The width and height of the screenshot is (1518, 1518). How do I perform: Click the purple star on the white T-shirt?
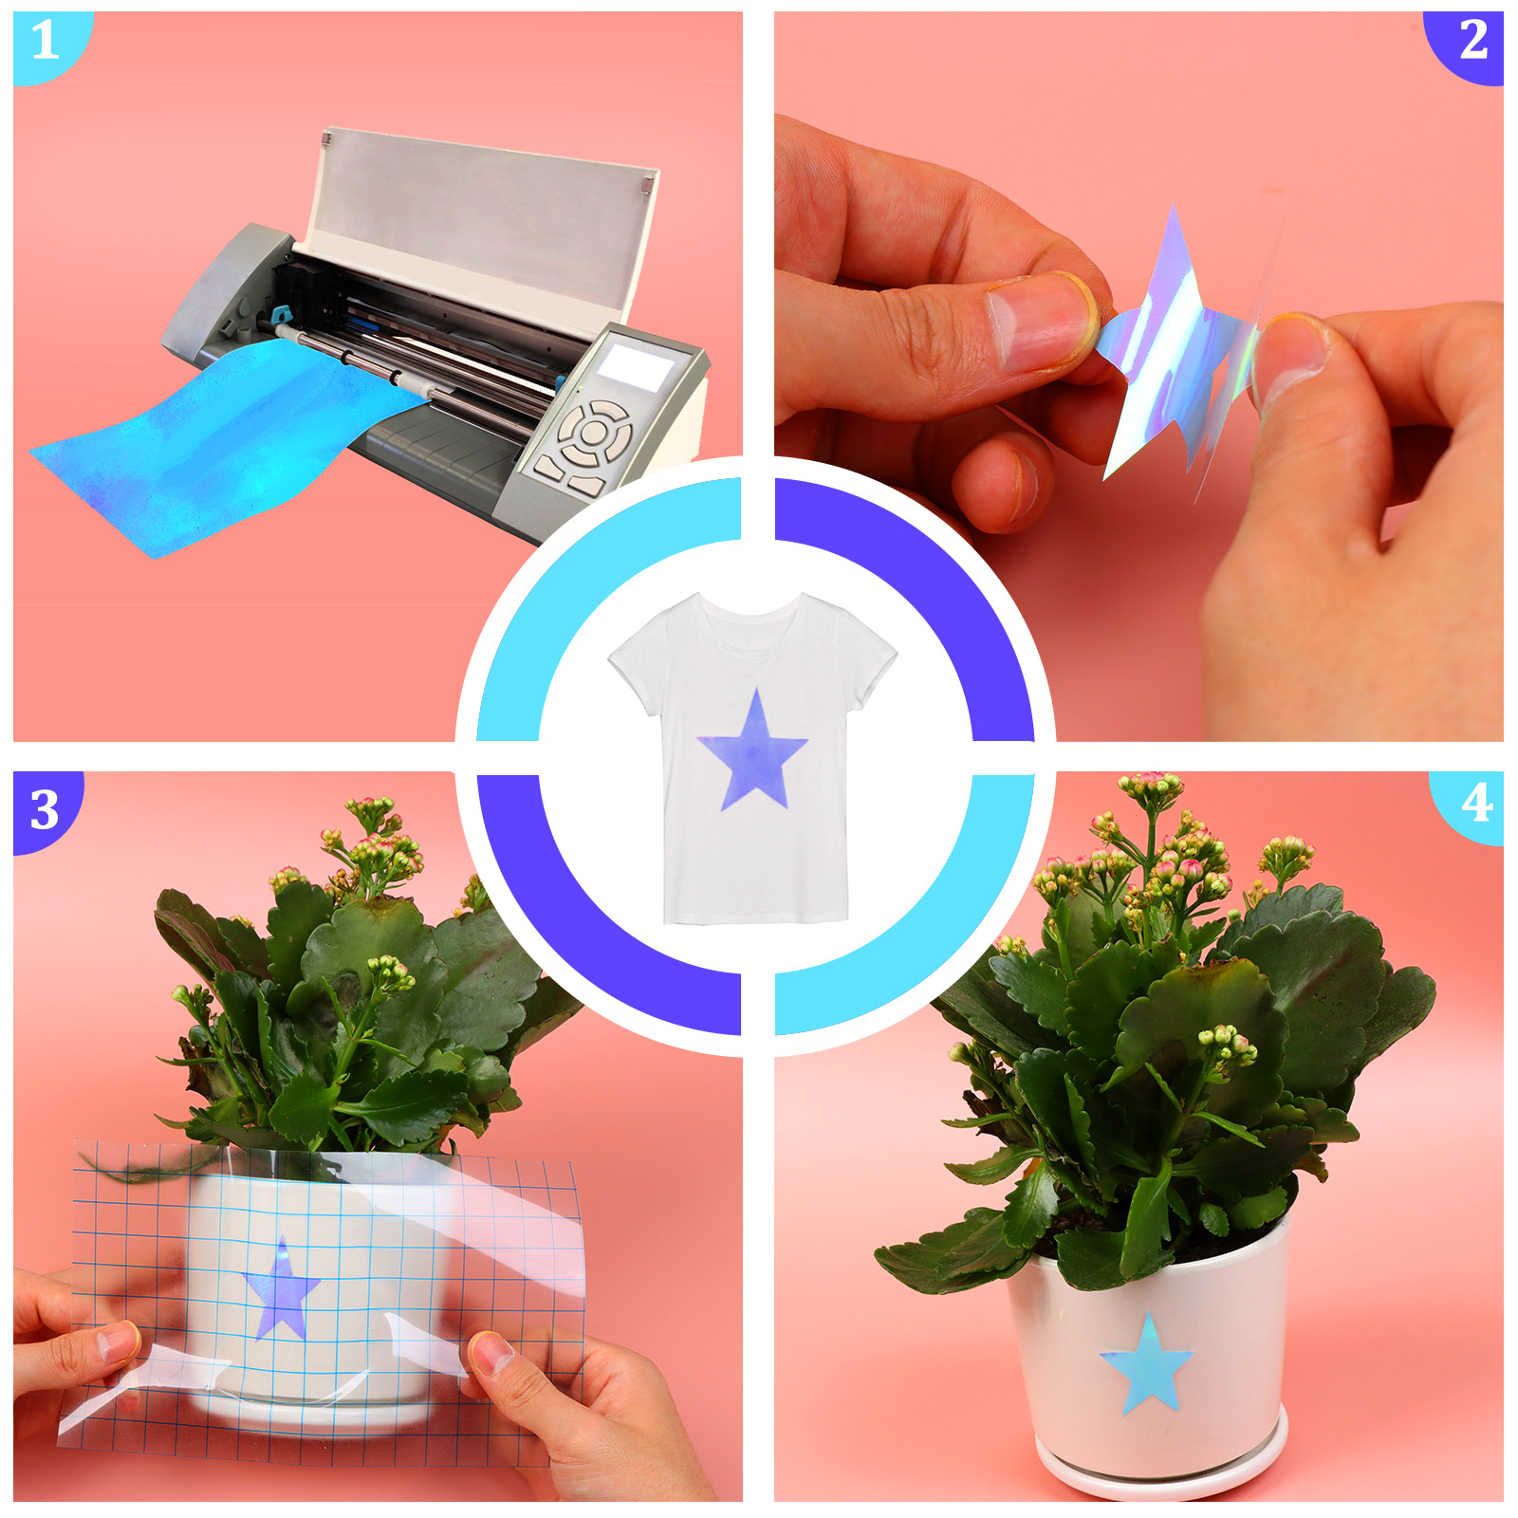pos(753,754)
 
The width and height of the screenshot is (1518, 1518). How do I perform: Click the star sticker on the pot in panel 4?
pos(1146,1363)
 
